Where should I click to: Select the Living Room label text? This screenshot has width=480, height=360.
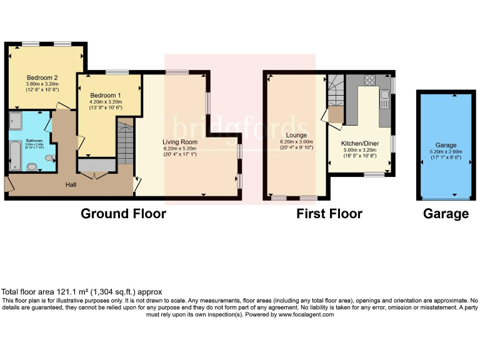tap(180, 142)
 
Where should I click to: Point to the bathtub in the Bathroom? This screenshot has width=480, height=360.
tap(16, 156)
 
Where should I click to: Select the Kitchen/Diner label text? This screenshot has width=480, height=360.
tap(359, 143)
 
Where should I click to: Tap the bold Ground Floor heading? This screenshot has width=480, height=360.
tap(123, 214)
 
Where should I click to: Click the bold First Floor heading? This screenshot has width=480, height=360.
tap(329, 214)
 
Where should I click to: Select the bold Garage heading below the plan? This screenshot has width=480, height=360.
tap(446, 214)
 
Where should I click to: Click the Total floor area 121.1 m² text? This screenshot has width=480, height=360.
tap(81, 291)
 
